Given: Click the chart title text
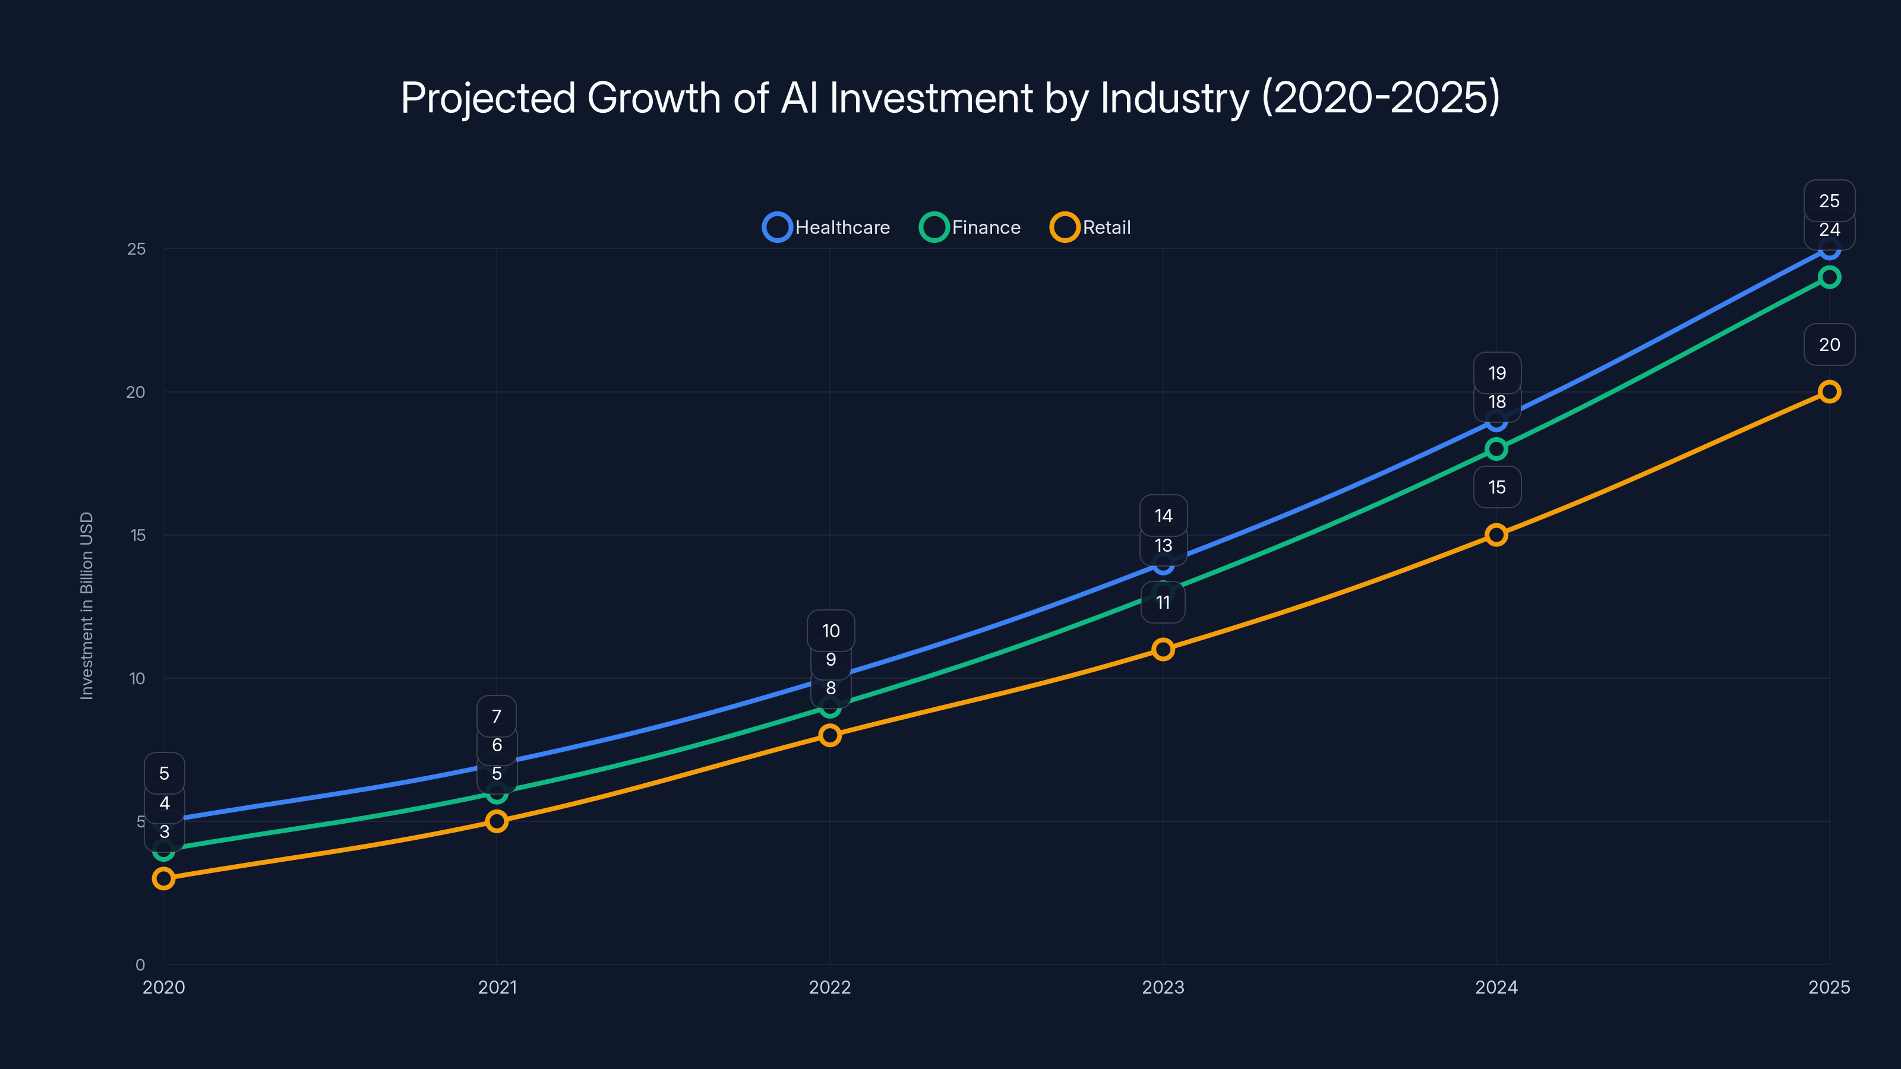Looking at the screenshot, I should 950,97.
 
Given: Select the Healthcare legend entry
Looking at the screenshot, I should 826,227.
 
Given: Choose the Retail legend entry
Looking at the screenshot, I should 1091,227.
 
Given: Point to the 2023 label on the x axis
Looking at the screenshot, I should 1163,987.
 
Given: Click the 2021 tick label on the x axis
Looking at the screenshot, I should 497,987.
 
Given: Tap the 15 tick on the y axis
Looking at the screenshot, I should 138,535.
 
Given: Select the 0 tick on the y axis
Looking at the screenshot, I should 140,964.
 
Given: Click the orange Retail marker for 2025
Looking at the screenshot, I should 1829,392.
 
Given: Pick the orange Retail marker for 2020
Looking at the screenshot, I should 164,878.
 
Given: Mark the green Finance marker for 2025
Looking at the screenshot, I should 1829,277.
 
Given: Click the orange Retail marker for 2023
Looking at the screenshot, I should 1163,649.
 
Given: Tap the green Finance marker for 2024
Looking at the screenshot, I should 1496,448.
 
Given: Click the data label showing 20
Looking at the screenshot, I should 1829,344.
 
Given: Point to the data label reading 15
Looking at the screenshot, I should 1496,487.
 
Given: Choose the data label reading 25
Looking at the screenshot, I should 1829,201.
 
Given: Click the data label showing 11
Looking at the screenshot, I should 1163,603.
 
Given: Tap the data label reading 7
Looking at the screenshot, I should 497,716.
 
